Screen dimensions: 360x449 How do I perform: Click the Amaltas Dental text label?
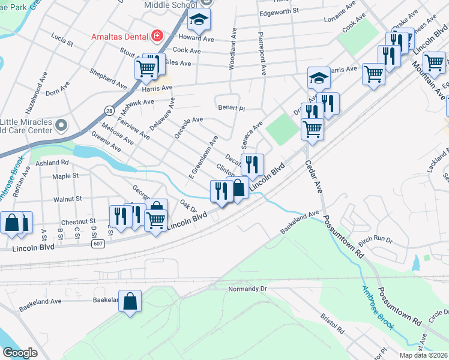tap(119, 37)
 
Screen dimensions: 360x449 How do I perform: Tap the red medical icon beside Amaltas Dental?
tap(157, 36)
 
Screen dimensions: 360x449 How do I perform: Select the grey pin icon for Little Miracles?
tap(61, 125)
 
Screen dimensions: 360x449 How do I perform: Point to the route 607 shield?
tap(98, 244)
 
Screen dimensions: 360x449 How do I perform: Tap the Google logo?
tap(19, 352)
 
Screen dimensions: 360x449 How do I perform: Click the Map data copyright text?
tap(423, 355)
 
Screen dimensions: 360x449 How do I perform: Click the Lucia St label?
tap(62, 43)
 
